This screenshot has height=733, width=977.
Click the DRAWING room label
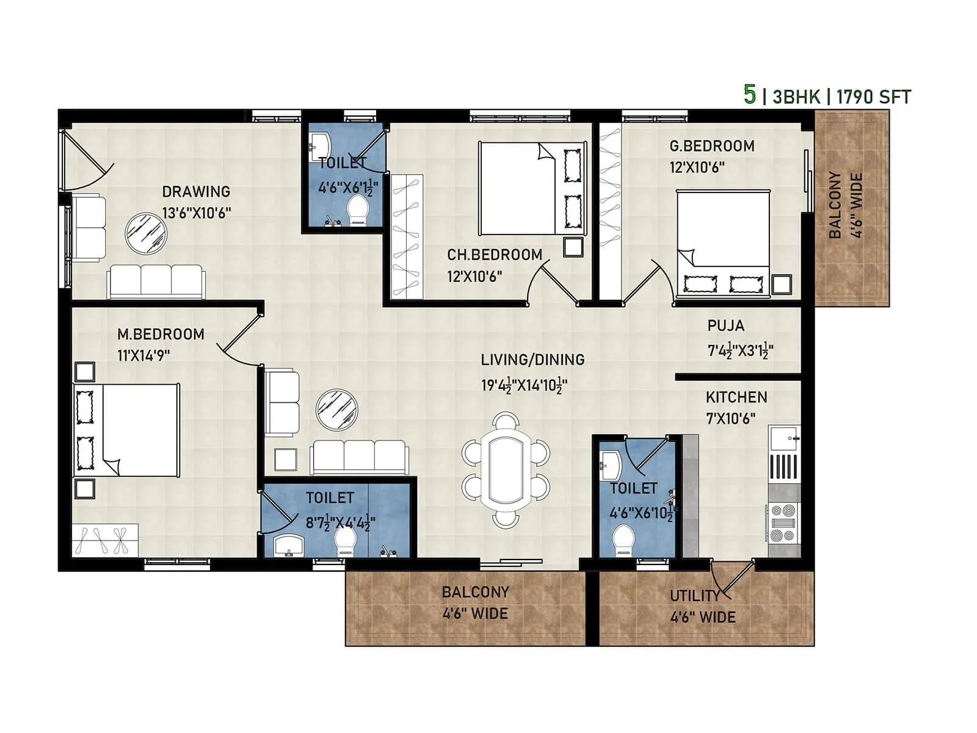196,191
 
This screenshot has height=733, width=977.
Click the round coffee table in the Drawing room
146,233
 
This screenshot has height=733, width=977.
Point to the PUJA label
725,326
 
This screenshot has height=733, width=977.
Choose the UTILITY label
695,596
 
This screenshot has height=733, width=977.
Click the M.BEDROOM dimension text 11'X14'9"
143,355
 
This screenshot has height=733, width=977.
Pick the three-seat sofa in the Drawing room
156,281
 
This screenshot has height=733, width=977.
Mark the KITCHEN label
736,397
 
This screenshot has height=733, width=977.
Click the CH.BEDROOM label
495,255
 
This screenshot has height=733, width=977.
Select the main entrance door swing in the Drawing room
85,156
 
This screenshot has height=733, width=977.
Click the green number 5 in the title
749,95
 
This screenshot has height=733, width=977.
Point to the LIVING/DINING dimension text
524,385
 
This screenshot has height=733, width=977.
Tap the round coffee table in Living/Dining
336,409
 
